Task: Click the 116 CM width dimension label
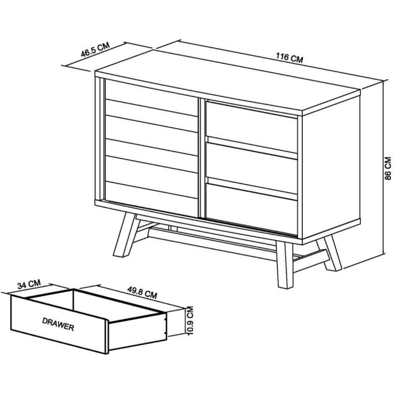tap(289, 58)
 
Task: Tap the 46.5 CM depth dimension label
tap(96, 50)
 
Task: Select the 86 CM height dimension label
tap(387, 168)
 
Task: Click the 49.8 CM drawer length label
tap(142, 292)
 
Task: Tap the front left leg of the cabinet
tap(124, 234)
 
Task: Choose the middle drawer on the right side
tap(252, 167)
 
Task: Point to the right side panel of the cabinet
tap(331, 168)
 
